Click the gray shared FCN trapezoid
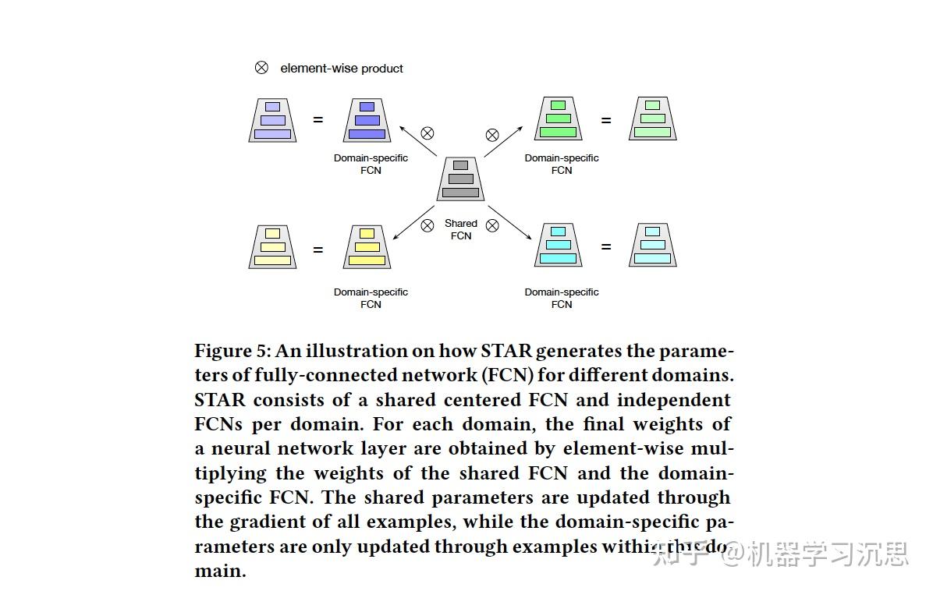[x=460, y=179]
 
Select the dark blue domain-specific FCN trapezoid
[x=367, y=120]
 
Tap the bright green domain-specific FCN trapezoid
[x=558, y=119]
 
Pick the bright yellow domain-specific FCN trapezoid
[x=367, y=246]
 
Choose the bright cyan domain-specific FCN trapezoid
[x=558, y=245]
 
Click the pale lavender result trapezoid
[x=272, y=120]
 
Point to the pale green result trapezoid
[x=652, y=119]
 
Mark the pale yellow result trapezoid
[x=272, y=246]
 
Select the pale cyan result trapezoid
[x=652, y=245]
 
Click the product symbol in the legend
[x=261, y=68]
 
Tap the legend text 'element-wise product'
[x=342, y=69]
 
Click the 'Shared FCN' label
[x=461, y=229]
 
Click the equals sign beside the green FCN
[x=606, y=120]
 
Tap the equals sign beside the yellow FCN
[x=318, y=249]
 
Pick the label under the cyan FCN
[x=562, y=298]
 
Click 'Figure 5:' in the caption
[x=232, y=351]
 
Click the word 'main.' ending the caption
[x=220, y=571]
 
